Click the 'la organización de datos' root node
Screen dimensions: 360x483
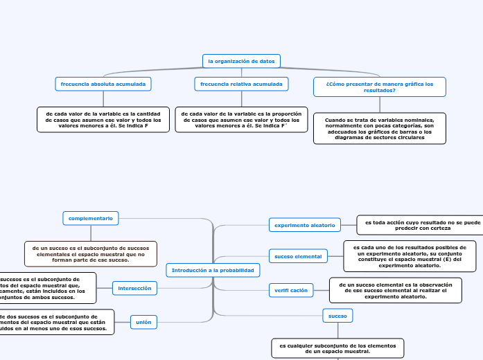tap(241, 61)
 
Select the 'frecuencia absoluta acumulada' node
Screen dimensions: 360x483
tap(103, 84)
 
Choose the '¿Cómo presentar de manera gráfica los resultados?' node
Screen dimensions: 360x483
tap(379, 87)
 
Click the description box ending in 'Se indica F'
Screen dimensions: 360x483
tap(103, 119)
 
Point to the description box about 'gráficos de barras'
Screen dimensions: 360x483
tap(379, 128)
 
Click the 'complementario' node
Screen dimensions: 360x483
tap(91, 218)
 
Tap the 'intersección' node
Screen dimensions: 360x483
tap(134, 287)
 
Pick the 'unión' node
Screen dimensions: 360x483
tap(143, 322)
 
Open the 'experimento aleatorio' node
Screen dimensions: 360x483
tap(304, 225)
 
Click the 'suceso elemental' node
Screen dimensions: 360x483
tap(298, 256)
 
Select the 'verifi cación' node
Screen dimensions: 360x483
tap(290, 291)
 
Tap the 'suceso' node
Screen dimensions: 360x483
tap(338, 316)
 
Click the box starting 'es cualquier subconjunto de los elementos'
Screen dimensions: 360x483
tap(337, 348)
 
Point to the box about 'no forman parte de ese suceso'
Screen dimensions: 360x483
tap(91, 253)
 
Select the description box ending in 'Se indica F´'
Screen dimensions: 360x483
tap(241, 119)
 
